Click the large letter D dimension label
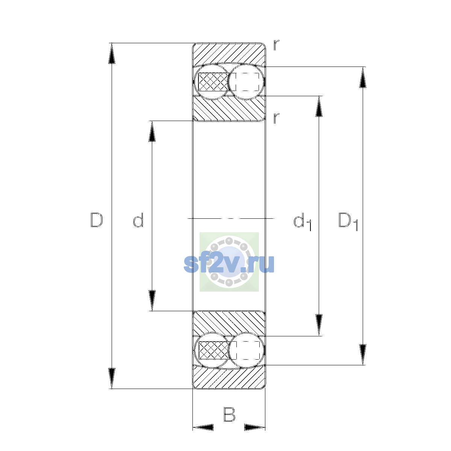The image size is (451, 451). (97, 220)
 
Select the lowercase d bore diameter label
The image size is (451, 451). (138, 220)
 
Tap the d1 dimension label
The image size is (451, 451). (303, 221)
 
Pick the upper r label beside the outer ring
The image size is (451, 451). (276, 45)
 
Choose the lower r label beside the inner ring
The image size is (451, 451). (276, 118)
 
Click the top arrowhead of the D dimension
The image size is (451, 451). (112, 53)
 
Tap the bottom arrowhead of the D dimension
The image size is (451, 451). (112, 378)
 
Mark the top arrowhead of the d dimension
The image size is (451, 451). (152, 131)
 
